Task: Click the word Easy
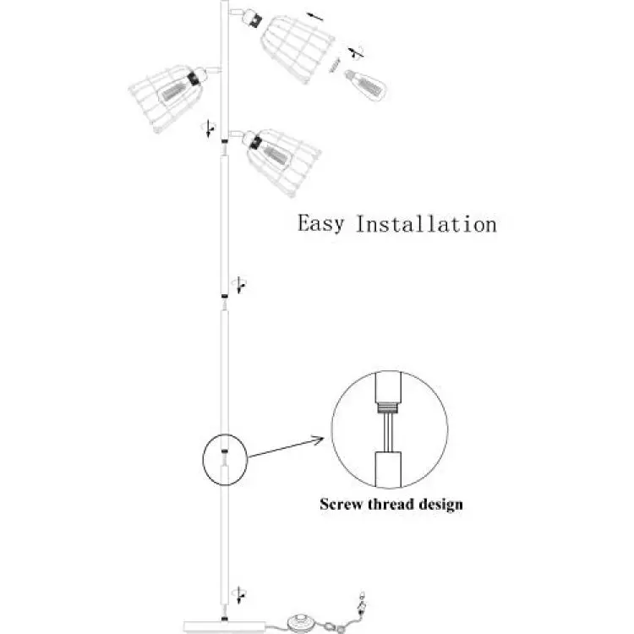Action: pos(320,224)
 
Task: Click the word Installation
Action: pos(426,224)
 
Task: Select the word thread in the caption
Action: pos(391,504)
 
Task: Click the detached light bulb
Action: pos(365,85)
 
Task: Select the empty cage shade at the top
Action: pos(298,48)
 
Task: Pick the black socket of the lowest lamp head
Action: pos(255,143)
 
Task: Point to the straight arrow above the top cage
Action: pos(314,17)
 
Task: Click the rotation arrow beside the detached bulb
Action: pos(356,53)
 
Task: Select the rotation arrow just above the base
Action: pos(239,594)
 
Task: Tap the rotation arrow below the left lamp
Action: pos(209,128)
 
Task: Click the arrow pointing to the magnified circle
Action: pos(286,447)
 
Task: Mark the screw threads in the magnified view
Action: pos(388,407)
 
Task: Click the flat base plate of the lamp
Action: pos(225,626)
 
